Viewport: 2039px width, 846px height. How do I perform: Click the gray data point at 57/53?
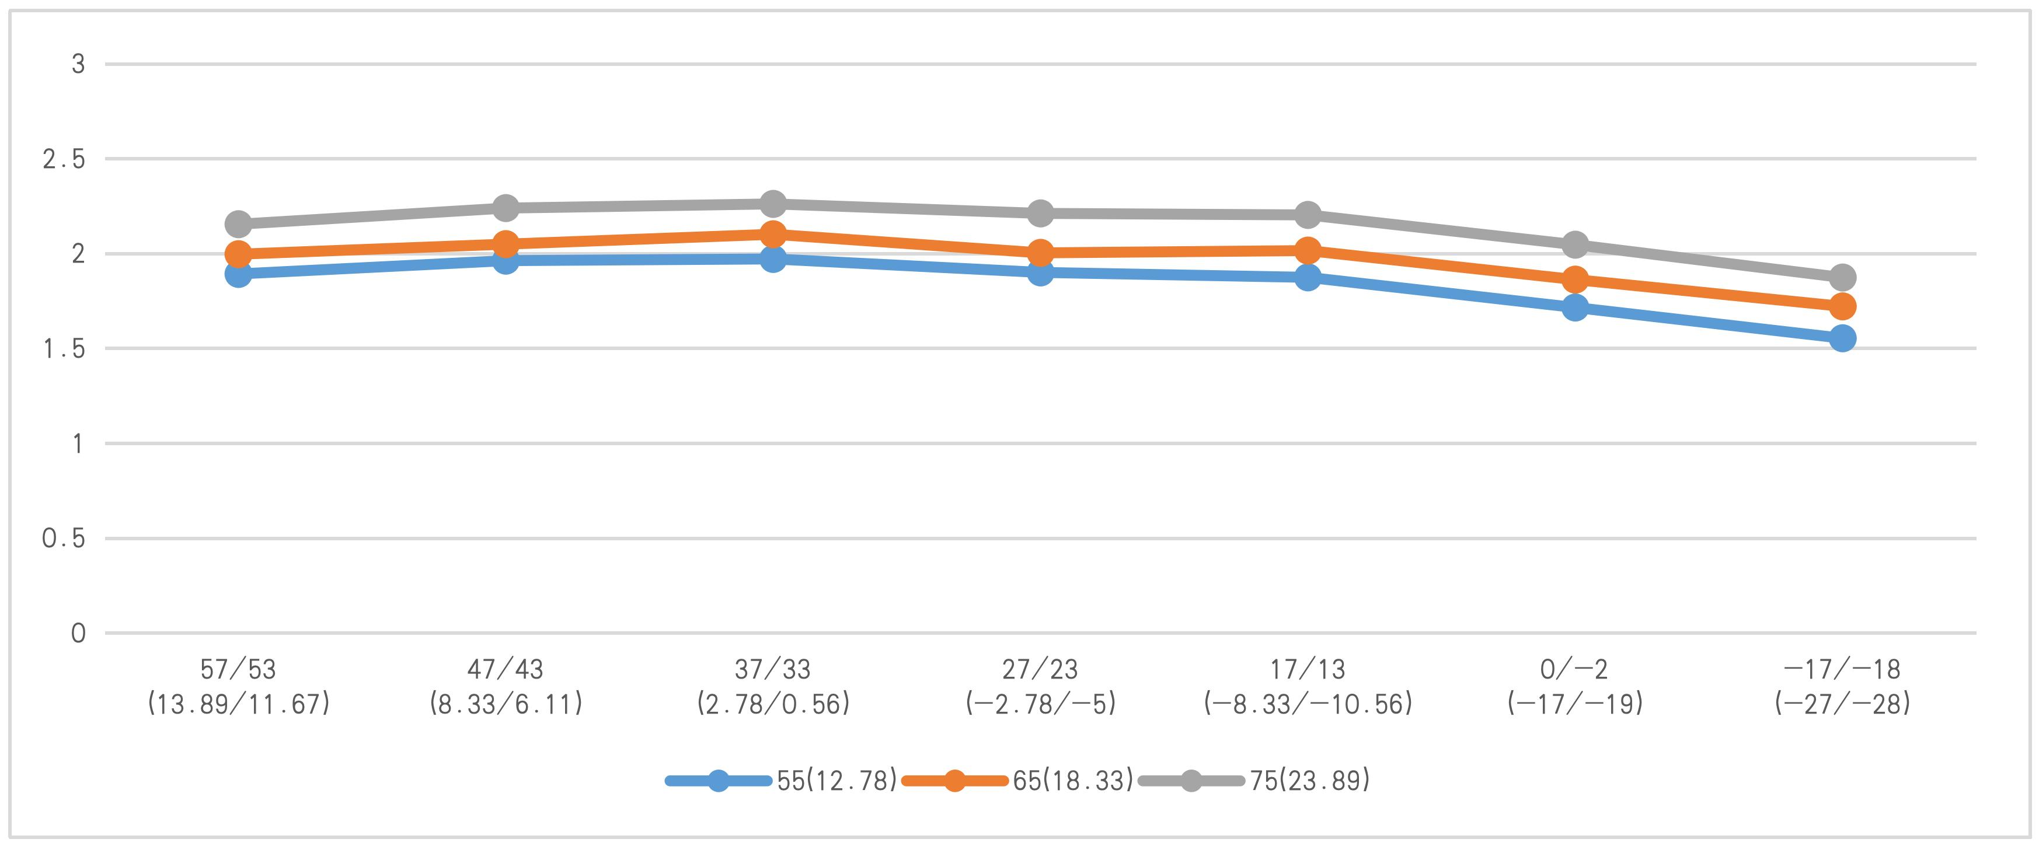click(238, 224)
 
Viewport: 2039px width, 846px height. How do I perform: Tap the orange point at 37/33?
click(772, 234)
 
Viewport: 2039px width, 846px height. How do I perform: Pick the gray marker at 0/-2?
click(1575, 244)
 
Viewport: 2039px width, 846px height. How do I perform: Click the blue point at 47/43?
click(506, 260)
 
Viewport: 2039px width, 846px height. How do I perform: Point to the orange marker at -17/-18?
click(1842, 306)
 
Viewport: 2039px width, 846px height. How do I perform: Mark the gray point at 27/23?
click(1040, 213)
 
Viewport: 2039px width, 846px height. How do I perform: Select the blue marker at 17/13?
click(1308, 277)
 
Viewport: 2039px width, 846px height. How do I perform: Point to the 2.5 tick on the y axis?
click(63, 160)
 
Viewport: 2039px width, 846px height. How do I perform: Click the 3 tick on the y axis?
click(78, 64)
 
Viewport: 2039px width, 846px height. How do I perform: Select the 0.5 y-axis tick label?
click(63, 539)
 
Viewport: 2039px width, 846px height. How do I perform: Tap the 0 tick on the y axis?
click(78, 633)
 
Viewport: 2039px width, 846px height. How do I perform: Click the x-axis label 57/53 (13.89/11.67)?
click(238, 687)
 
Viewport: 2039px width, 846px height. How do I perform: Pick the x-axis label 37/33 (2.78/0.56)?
click(772, 687)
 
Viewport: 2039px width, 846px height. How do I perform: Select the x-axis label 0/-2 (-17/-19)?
click(1575, 687)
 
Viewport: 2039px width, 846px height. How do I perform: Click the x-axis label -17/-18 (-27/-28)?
click(1842, 687)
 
